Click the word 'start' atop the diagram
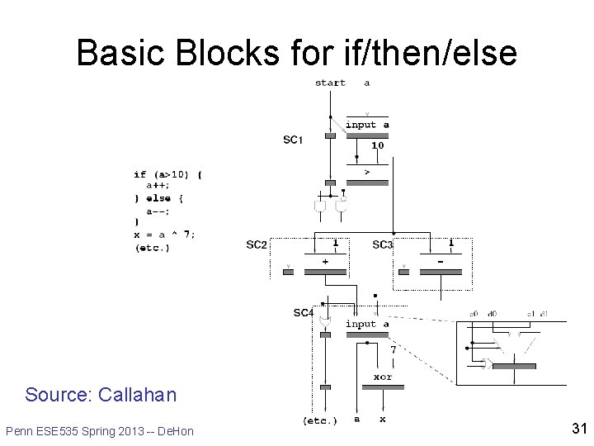pos(330,83)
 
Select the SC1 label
pos(293,140)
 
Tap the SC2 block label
pos(257,244)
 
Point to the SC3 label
pos(383,244)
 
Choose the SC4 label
pos(304,313)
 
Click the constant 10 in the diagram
pos(377,145)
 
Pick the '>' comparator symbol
pos(366,172)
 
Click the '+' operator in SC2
pos(325,261)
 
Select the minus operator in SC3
pos(440,261)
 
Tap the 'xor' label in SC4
pos(382,377)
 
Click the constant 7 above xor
pos(393,350)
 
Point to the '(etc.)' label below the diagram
pos(320,421)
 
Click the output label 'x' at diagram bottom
pos(382,420)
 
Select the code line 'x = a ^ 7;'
pos(164,235)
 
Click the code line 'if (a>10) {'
pos(167,174)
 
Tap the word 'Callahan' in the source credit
pos(137,395)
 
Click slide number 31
pos(578,429)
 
